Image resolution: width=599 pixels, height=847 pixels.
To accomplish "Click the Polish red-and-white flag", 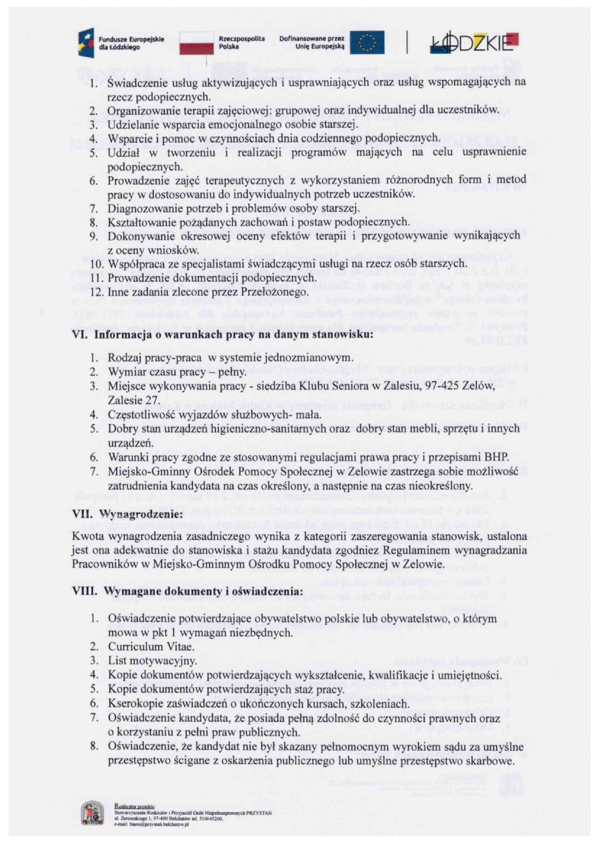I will tap(196, 43).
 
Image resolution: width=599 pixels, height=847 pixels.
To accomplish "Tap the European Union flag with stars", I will tap(367, 42).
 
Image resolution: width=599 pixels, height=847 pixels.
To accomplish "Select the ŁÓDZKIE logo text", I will tap(473, 43).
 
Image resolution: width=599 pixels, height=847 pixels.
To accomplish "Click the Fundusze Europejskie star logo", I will tap(86, 42).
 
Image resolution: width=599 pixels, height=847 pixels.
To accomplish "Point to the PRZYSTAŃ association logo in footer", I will tap(92, 813).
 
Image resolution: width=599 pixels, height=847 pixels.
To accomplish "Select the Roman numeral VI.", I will tap(80, 335).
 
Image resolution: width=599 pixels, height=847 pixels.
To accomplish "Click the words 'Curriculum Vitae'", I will tap(151, 647).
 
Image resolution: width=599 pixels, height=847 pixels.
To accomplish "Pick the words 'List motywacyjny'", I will tap(152, 661).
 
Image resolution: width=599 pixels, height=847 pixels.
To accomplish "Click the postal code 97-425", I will tap(446, 386).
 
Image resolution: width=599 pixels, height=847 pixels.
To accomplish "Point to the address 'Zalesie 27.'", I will tap(134, 400).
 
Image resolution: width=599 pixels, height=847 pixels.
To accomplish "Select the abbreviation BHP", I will tap(494, 457).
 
